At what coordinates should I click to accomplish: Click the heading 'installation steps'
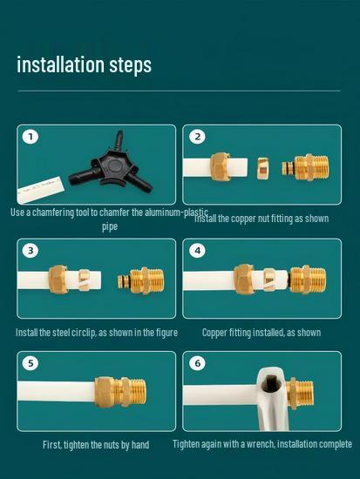(x=84, y=65)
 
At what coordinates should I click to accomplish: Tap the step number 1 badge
(x=31, y=137)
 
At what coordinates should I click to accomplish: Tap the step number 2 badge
(x=198, y=137)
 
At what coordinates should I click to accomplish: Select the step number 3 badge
(x=31, y=251)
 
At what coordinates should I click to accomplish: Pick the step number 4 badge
(x=198, y=251)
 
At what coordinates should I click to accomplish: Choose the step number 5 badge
(x=31, y=363)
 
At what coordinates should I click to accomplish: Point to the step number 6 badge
(x=198, y=363)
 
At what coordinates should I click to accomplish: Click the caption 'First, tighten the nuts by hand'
(x=96, y=445)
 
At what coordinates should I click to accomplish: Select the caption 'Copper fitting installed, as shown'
(x=262, y=333)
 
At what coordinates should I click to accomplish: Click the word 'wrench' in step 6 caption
(x=252, y=445)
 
